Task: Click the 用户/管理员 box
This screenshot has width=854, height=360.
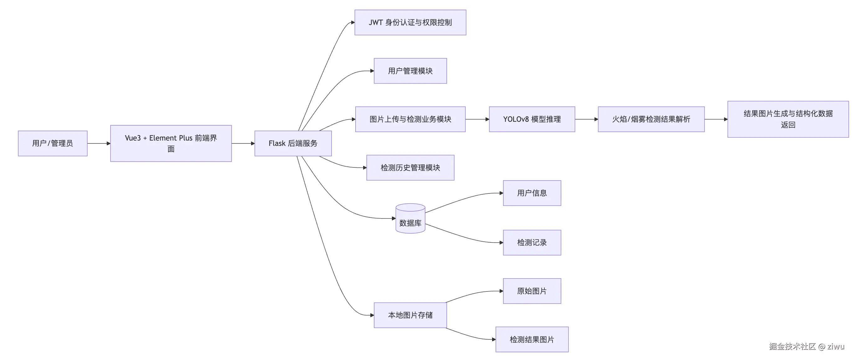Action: click(52, 143)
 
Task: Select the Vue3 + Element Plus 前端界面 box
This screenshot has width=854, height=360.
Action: click(171, 143)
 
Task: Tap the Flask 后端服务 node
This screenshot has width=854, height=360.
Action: click(293, 143)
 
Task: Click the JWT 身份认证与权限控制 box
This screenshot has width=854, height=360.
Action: click(410, 22)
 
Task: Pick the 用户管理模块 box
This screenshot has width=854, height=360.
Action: click(410, 71)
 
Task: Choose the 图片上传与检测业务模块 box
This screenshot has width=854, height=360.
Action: click(410, 119)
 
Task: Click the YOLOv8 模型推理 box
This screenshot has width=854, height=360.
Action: click(532, 119)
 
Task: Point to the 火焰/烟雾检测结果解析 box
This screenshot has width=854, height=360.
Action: click(651, 119)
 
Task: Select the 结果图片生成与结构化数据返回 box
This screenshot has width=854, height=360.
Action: click(788, 119)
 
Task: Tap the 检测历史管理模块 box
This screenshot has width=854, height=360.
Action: click(410, 167)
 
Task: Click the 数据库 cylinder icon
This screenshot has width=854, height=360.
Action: click(410, 219)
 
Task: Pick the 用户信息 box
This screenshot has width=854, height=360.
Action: click(532, 193)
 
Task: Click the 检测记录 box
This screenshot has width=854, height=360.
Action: click(532, 242)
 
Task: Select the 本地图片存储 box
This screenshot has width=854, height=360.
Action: click(410, 315)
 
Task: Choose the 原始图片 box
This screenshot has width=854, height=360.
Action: click(532, 291)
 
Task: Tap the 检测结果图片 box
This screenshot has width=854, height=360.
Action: click(532, 339)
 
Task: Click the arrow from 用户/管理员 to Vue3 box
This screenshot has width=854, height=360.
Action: click(99, 143)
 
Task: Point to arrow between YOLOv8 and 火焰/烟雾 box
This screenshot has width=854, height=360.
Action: click(586, 119)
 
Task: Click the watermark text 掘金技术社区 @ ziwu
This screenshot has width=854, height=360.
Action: click(806, 347)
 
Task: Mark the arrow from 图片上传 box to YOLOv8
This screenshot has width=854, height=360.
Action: click(477, 119)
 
